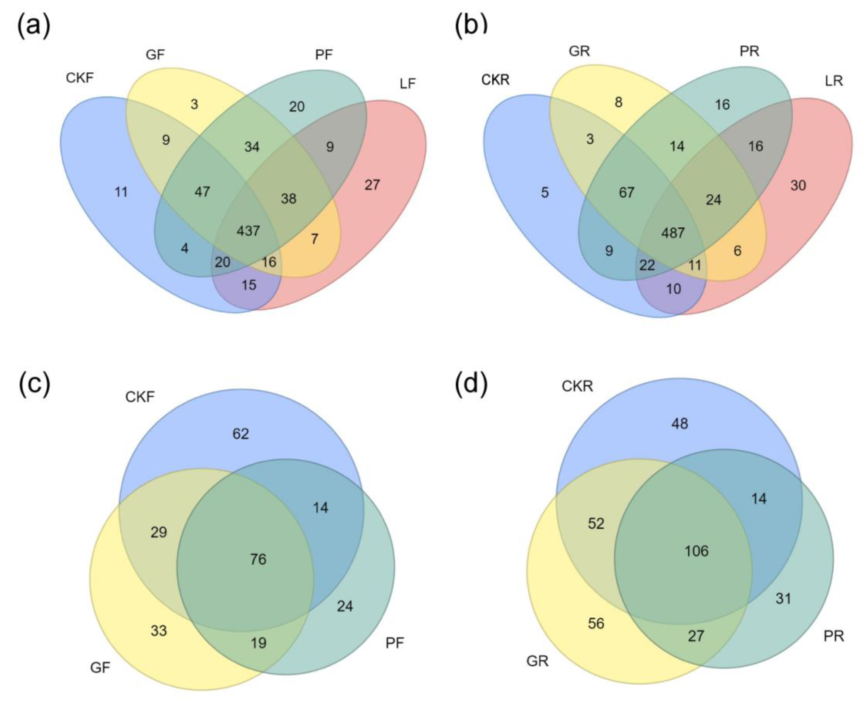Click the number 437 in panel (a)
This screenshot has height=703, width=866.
click(248, 231)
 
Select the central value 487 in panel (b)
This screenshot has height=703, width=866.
click(673, 233)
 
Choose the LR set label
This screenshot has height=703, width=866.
click(833, 81)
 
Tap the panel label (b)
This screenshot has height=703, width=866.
click(471, 25)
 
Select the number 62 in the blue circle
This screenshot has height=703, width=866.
click(240, 434)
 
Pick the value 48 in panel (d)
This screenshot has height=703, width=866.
click(679, 424)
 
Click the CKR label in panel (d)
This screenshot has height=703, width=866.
click(577, 386)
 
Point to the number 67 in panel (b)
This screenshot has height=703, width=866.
click(626, 192)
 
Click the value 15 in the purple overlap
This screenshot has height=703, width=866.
click(249, 285)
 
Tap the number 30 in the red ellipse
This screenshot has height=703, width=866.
click(798, 185)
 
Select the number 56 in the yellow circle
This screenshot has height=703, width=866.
click(596, 623)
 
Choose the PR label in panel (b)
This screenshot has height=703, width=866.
click(749, 51)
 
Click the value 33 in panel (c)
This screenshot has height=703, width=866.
click(158, 630)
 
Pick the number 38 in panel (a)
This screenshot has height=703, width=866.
click(288, 198)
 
